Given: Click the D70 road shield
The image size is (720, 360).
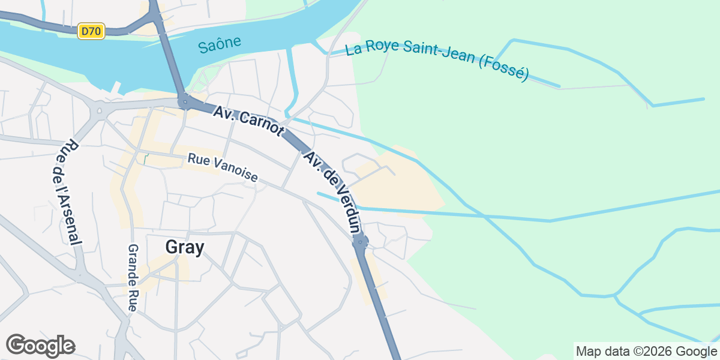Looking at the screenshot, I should pyautogui.click(x=91, y=31).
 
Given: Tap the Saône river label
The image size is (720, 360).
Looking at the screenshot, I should pyautogui.click(x=220, y=44).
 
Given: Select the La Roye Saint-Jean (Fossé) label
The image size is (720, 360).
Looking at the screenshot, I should pyautogui.click(x=437, y=61).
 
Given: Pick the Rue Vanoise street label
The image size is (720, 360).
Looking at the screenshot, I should pyautogui.click(x=223, y=168).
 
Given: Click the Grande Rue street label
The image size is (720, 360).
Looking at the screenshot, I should pyautogui.click(x=133, y=277).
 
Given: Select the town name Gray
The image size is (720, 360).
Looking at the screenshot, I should pyautogui.click(x=185, y=247).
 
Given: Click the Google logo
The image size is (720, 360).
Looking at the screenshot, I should pyautogui.click(x=41, y=346).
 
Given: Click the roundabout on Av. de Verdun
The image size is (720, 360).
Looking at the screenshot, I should pyautogui.click(x=361, y=241).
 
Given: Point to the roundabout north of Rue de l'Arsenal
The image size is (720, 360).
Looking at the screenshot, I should pyautogui.click(x=97, y=110).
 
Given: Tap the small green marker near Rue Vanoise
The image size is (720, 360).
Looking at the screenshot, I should pyautogui.click(x=145, y=159).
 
